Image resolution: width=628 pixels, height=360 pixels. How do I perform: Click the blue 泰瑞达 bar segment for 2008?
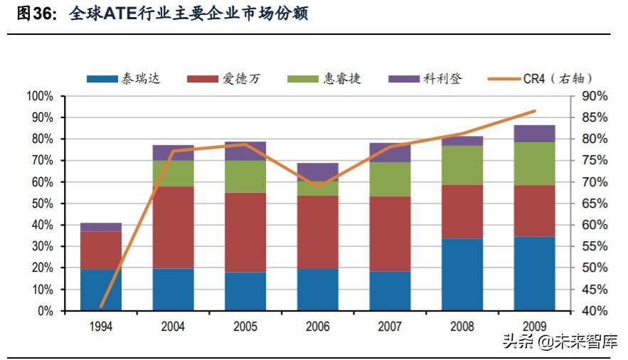[x=462, y=275]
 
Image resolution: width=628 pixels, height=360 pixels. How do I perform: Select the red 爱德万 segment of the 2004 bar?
[x=173, y=227]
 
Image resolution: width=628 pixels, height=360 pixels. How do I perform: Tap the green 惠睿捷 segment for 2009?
[x=534, y=164]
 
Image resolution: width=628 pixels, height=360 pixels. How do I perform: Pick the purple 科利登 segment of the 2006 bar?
[x=318, y=171]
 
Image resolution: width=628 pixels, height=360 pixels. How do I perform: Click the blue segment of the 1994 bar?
[x=101, y=290]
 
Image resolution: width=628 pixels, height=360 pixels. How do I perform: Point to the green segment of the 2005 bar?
[x=245, y=176]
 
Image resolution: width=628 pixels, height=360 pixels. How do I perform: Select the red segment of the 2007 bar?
[x=390, y=233]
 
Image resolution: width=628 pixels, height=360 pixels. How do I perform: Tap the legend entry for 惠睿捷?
[x=324, y=78]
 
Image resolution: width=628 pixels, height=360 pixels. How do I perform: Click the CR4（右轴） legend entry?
[x=541, y=78]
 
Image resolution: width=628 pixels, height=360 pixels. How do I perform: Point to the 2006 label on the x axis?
[x=318, y=327]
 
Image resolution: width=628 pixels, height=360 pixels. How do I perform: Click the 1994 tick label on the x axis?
[x=101, y=327]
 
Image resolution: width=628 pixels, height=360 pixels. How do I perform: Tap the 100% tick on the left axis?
[x=40, y=96]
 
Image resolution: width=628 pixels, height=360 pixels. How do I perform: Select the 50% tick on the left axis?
[x=43, y=203]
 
